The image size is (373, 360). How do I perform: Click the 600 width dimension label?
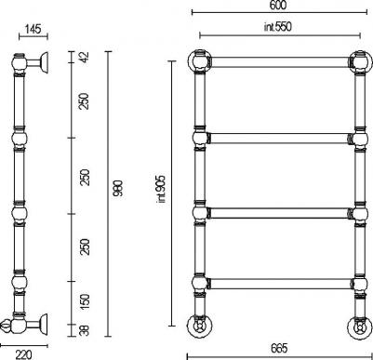(278, 6)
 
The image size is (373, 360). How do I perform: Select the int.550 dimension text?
(278, 27)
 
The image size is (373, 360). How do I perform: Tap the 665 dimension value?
(279, 348)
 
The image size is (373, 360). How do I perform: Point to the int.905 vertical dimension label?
(162, 189)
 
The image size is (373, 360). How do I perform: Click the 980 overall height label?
(118, 188)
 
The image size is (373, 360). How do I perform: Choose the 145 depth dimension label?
(33, 29)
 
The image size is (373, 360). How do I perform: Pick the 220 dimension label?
(23, 354)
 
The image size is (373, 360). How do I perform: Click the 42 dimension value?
(85, 57)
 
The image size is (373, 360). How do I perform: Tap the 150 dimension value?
(85, 301)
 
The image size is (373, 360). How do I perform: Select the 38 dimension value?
(85, 330)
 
